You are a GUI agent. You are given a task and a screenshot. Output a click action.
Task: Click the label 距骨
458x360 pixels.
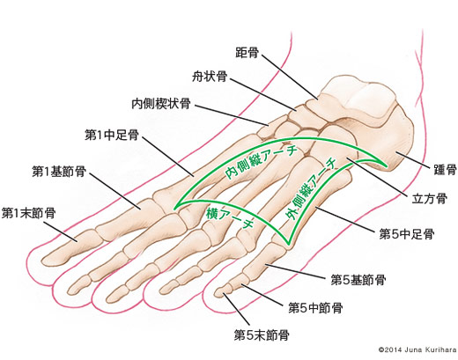(x=247, y=53)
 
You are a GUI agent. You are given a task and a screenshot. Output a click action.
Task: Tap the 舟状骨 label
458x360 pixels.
(x=210, y=77)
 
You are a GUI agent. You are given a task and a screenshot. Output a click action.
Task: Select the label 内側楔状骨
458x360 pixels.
(x=161, y=104)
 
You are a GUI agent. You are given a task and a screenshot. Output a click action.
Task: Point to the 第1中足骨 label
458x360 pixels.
(x=112, y=136)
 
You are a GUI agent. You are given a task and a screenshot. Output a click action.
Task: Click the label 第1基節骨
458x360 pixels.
(x=59, y=172)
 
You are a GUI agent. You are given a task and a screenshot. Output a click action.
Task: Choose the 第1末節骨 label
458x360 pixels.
(x=28, y=213)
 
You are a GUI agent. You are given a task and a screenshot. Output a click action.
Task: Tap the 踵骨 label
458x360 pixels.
(x=445, y=170)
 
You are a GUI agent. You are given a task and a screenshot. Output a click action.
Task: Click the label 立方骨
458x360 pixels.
(x=430, y=199)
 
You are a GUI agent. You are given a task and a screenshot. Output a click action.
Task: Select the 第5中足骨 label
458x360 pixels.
(x=407, y=234)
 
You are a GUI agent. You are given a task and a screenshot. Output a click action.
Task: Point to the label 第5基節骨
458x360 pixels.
(x=358, y=280)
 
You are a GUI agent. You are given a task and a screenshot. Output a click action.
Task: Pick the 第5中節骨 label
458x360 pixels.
(x=315, y=308)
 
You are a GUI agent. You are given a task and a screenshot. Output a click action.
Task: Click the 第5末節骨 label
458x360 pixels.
(x=262, y=335)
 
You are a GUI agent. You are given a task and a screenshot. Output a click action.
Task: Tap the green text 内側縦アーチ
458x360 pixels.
(x=261, y=163)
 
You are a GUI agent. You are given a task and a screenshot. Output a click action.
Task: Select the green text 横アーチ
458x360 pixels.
(x=230, y=217)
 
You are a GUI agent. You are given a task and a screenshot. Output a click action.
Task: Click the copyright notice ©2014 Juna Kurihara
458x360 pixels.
(x=417, y=349)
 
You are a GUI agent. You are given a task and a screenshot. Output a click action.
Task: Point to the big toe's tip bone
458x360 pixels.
(x=70, y=248)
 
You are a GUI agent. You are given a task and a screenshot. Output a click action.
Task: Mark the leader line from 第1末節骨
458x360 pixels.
(x=61, y=231)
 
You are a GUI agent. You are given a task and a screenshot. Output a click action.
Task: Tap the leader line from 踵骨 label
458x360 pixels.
(x=411, y=158)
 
